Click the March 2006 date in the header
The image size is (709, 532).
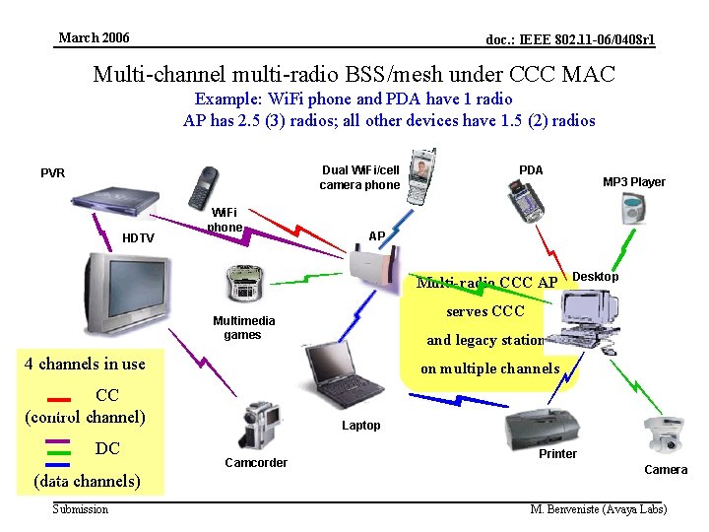[94, 38]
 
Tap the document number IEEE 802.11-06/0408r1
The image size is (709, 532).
[570, 39]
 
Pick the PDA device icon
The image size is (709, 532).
[525, 202]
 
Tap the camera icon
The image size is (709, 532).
[663, 434]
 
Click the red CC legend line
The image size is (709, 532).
[58, 400]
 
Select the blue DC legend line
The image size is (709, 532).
[58, 464]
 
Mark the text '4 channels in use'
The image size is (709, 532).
[85, 364]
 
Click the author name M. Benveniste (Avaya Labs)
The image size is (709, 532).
[598, 509]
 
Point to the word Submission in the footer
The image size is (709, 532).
[81, 508]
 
